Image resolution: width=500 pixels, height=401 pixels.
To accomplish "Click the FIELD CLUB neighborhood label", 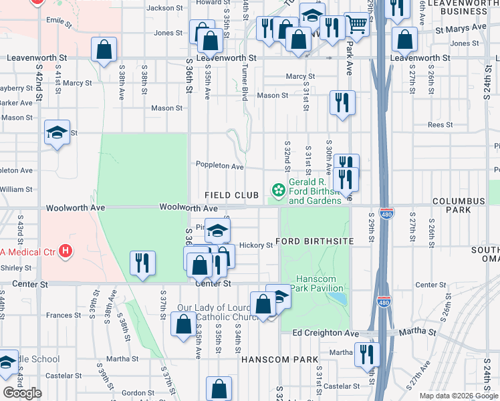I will pos(231,195).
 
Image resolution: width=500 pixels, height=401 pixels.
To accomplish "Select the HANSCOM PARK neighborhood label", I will pos(279,360).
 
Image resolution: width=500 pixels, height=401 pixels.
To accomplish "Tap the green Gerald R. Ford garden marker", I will pos(276,187).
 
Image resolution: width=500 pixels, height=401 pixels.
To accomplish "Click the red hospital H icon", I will pos(65,251).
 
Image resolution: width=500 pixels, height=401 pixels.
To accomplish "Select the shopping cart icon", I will pos(357,25).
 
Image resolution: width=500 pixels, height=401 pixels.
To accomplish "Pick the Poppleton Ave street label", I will pos(219,166).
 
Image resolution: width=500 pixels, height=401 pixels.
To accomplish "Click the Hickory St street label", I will pos(256,245).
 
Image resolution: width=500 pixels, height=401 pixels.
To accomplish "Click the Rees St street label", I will pos(440,125).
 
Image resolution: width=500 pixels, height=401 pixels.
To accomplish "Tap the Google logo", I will pos(22,393).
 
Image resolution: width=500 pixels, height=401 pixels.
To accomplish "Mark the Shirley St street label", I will pos(17,267).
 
